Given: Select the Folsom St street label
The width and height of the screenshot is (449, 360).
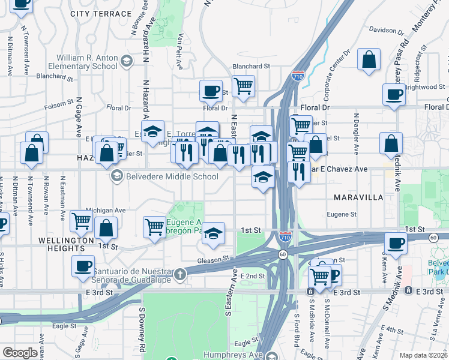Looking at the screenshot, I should pos(58,106).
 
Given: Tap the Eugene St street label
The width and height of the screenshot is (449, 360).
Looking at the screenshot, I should pos(342,214).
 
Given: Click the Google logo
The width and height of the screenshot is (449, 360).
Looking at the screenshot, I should pos(20,353).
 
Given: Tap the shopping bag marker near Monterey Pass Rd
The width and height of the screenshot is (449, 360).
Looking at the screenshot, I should pos(369,60).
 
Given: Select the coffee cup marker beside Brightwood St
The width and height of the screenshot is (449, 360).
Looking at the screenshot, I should pos(394,95).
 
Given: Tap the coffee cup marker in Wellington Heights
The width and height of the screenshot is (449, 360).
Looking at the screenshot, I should pos(83,266).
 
